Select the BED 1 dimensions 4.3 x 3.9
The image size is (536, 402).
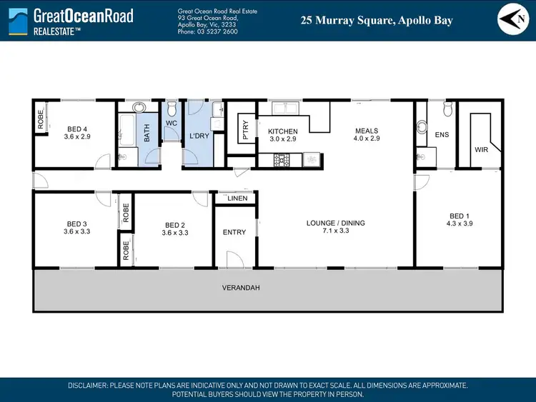pos(460,223)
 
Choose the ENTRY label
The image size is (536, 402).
pos(234,232)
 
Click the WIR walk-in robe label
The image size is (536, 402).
pos(481,150)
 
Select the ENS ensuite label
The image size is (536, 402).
pos(442,134)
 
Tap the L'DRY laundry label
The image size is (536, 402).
pos(198,136)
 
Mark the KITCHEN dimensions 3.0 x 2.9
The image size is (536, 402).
pos(282,139)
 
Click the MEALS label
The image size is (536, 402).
pos(366,131)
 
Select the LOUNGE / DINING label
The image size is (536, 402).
pos(335,223)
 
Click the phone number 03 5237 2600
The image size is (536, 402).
pos(217,31)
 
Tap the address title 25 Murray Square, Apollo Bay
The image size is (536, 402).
pos(377,21)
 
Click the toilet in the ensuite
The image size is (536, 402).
pos(449,109)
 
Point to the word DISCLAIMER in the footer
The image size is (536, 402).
pos(87,385)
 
